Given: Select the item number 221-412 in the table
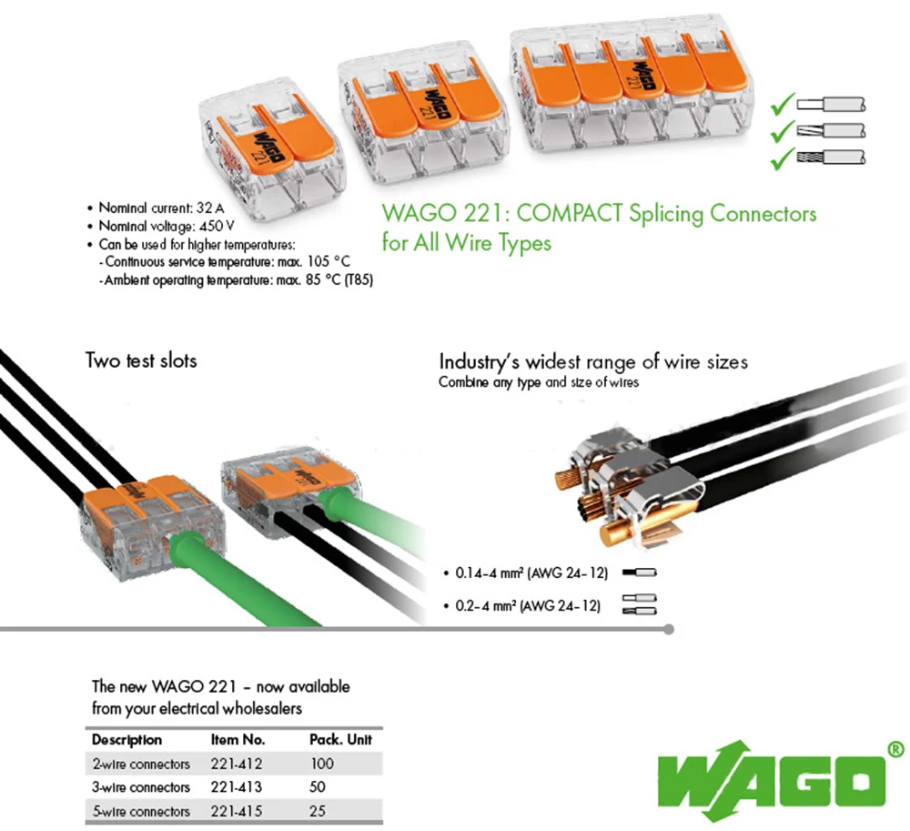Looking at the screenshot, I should [x=238, y=764].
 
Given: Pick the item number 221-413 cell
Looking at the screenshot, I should [x=238, y=786].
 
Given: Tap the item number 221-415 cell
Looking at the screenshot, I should [x=238, y=810].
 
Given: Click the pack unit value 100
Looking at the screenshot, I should [x=322, y=764].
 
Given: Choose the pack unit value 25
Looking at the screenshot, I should [x=318, y=810].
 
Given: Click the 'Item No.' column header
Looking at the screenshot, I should [x=238, y=740].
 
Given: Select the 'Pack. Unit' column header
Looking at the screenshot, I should [x=341, y=740].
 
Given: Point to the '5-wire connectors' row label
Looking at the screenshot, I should [x=141, y=810].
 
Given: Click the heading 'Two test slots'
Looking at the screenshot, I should [x=141, y=360].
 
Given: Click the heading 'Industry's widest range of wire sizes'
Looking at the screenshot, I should [x=593, y=362].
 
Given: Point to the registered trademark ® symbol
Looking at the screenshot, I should [x=895, y=748].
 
